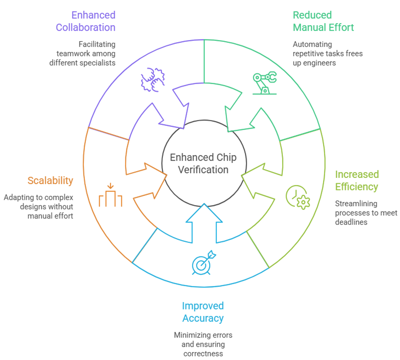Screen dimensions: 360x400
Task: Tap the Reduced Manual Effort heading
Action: click(323, 21)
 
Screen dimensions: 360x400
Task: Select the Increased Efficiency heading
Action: click(357, 181)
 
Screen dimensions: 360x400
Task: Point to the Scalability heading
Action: click(50, 181)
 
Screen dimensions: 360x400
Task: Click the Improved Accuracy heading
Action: click(203, 312)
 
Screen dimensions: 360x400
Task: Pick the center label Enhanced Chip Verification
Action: click(203, 164)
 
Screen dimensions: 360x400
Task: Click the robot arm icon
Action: click(265, 83)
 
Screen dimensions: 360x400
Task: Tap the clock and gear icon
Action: click(298, 197)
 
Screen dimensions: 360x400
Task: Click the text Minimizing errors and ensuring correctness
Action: click(203, 344)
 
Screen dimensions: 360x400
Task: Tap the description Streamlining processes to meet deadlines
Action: click(366, 212)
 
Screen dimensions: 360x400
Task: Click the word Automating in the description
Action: click(307, 45)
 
